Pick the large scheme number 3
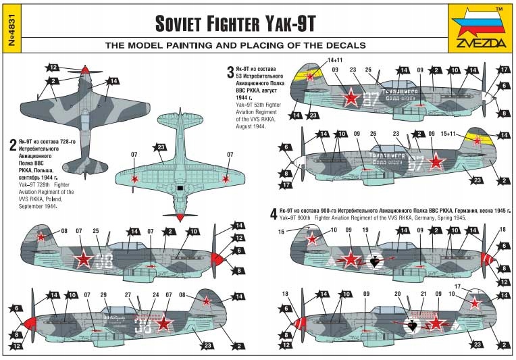tap(230, 72)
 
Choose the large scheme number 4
tap(273, 214)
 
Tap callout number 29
tap(103, 296)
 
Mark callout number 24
tap(155, 296)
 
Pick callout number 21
tap(423, 294)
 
